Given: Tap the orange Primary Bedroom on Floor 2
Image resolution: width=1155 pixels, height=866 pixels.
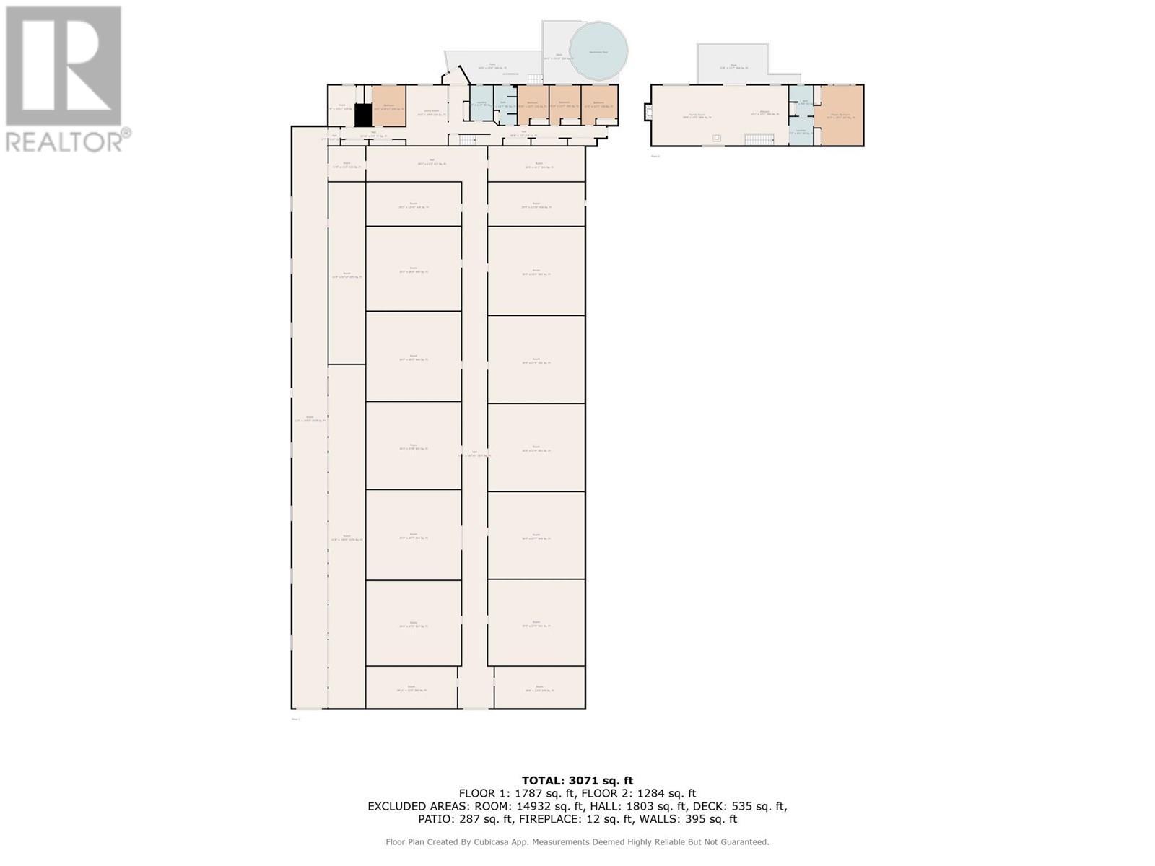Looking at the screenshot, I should (x=839, y=115).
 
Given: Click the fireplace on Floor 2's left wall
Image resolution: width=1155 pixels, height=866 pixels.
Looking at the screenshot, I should (x=648, y=112).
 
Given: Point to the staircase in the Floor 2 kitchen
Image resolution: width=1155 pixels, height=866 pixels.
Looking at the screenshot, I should (x=759, y=139).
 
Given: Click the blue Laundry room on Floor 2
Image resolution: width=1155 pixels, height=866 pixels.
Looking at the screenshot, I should (x=801, y=132).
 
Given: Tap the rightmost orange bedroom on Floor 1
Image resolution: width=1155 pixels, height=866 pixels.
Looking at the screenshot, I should (x=599, y=105).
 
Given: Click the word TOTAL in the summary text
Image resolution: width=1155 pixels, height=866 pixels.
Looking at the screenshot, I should (x=544, y=780).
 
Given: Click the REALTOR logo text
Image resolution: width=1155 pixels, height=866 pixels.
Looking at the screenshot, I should (x=65, y=141).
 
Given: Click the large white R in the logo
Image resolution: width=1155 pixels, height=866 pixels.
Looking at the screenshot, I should (x=64, y=65).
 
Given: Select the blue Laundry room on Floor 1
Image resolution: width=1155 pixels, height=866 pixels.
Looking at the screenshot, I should (x=481, y=105).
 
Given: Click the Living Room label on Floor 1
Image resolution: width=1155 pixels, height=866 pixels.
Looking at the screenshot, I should (x=430, y=111).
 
